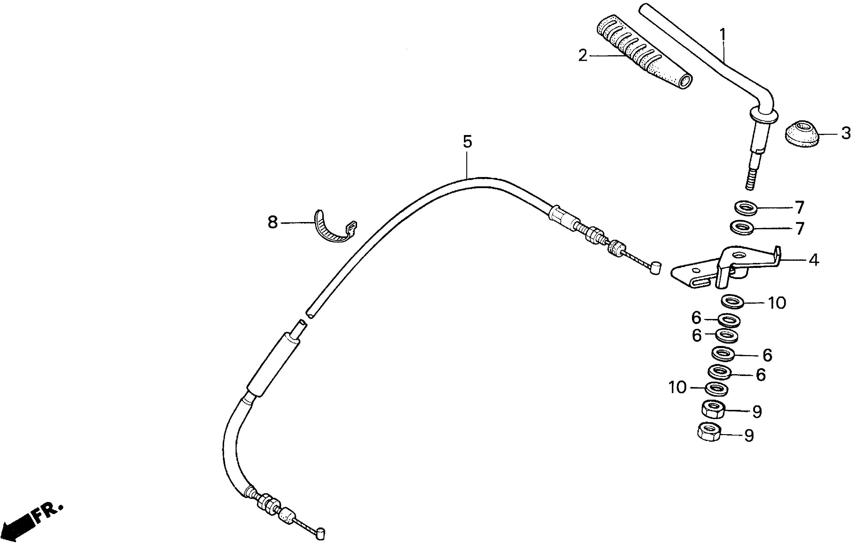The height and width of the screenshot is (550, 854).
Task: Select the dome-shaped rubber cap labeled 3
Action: (x=802, y=134)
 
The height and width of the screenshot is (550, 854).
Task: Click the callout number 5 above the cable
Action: (x=467, y=142)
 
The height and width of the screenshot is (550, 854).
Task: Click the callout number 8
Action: (x=272, y=223)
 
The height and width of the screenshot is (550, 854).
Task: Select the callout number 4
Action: (x=813, y=260)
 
